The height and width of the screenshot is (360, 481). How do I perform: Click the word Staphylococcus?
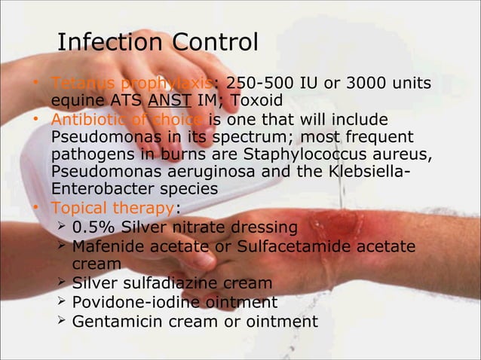tap(299, 155)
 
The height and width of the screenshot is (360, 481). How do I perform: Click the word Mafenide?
tap(108, 246)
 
